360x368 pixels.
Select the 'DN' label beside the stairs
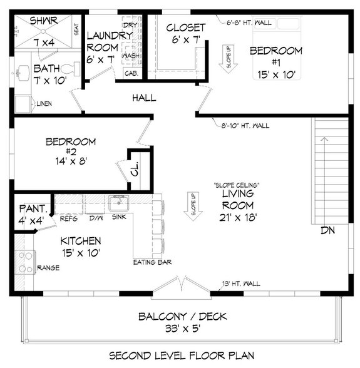(327, 230)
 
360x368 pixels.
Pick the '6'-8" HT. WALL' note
(249, 23)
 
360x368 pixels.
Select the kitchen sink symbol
(117, 203)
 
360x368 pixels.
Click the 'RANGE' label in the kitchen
(48, 268)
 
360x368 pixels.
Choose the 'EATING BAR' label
(152, 262)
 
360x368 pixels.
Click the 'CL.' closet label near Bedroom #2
(136, 169)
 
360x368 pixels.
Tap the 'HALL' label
(143, 98)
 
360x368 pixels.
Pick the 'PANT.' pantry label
(29, 208)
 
